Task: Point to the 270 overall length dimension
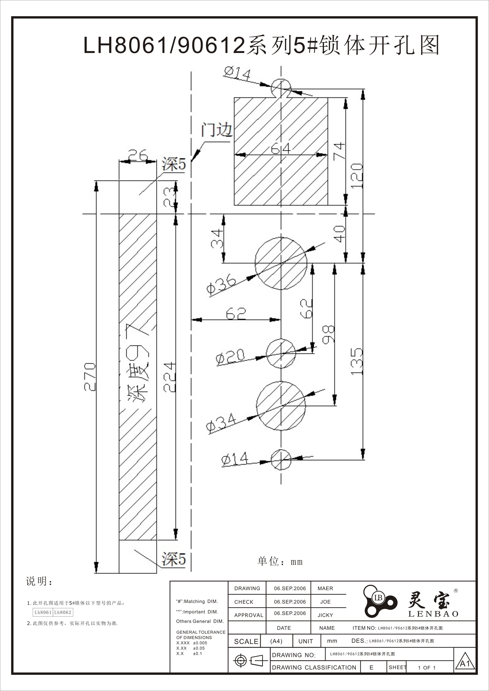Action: (90, 377)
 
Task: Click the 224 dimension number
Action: (170, 377)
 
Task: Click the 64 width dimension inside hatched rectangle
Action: (281, 148)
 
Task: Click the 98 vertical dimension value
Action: (328, 334)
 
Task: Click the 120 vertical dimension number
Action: (357, 176)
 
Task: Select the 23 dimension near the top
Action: (170, 197)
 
